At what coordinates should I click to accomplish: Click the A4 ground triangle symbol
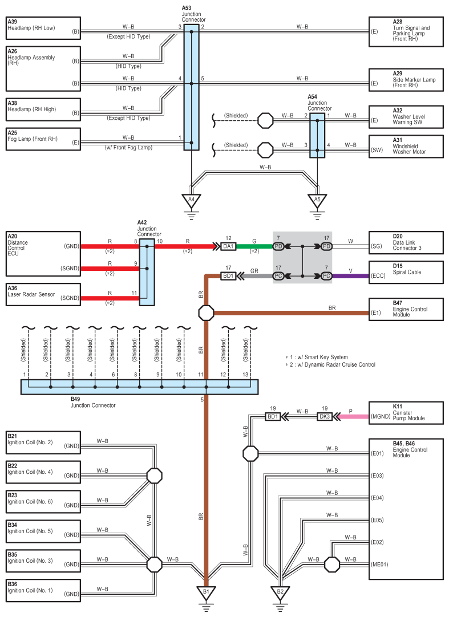191,201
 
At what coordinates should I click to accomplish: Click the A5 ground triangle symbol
317,201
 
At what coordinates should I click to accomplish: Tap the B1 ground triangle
206,593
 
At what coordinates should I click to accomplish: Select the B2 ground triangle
280,593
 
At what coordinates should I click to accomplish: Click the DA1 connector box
228,246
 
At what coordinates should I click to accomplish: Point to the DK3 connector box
325,416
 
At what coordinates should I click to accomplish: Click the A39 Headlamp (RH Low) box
43,28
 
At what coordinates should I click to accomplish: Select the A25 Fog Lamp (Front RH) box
43,139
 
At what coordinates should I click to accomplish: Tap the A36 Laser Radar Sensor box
43,294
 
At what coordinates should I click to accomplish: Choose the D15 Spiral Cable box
406,272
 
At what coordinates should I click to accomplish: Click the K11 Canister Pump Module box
406,413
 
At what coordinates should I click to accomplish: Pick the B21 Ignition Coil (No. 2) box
43,443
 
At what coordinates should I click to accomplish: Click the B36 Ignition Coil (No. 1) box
43,590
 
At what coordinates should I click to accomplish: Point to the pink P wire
354,416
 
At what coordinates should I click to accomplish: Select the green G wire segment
254,246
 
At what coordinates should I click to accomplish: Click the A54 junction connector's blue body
317,135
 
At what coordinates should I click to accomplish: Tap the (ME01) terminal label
379,565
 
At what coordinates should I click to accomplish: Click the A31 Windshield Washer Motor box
406,147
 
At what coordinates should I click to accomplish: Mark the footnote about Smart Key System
317,358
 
